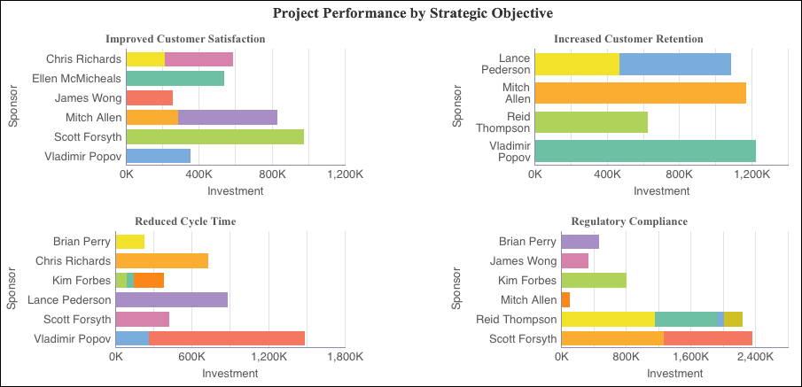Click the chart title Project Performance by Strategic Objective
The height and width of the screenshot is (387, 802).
tap(401, 13)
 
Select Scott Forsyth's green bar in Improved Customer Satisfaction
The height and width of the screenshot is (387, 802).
tap(215, 136)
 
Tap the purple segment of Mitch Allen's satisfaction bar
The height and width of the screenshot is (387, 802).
tap(228, 117)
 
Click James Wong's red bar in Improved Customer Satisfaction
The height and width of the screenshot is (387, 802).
tap(150, 97)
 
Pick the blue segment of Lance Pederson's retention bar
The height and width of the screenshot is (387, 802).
tap(675, 64)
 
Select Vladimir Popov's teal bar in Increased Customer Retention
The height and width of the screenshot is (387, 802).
tap(645, 151)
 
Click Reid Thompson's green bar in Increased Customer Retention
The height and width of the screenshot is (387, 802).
tap(591, 122)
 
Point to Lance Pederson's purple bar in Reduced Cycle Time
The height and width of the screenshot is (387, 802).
tap(172, 300)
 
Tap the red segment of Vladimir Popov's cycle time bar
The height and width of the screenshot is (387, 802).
tap(227, 338)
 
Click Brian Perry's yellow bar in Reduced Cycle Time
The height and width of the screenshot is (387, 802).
tap(130, 241)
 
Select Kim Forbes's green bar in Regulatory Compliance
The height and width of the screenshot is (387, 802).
tap(594, 281)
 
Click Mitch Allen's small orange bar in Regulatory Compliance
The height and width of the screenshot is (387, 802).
tap(565, 300)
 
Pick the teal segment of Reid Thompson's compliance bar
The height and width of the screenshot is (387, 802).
tap(686, 319)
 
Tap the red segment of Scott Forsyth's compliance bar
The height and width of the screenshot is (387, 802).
tap(708, 338)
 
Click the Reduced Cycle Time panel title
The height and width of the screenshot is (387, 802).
tap(185, 221)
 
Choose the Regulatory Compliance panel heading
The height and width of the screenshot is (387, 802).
tap(630, 221)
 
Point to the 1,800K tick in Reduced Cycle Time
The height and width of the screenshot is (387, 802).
tap(344, 357)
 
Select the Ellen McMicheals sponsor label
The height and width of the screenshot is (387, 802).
tap(76, 78)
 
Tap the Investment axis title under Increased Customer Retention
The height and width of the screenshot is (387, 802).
tap(661, 190)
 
